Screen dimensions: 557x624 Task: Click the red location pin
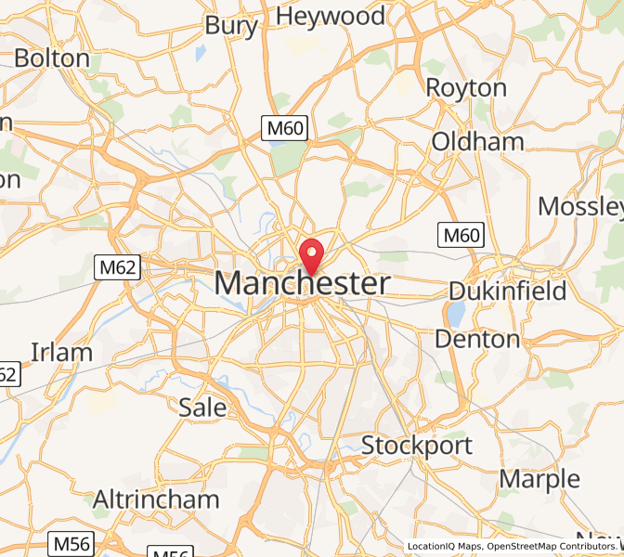pos(312,253)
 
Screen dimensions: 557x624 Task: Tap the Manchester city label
pos(303,284)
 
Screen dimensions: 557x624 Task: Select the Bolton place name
pos(52,58)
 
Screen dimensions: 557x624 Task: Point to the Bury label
pos(231,26)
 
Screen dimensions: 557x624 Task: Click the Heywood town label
pos(331,16)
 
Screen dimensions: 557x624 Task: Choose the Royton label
pos(466,88)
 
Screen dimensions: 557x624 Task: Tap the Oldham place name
pos(477,142)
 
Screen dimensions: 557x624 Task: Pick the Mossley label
pos(579,205)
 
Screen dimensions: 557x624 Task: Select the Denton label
pos(477,339)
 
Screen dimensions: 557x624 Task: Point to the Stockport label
pos(417,446)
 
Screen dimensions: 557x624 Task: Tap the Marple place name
pos(539,479)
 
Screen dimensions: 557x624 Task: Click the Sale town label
pos(202,407)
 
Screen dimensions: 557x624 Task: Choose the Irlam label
pos(62,352)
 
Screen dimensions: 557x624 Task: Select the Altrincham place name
pos(156,499)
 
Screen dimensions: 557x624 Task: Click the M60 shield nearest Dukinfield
pos(461,235)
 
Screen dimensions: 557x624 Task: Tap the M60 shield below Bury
pos(284,128)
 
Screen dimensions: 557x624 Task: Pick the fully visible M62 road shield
pos(118,268)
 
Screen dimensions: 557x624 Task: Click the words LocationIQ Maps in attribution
pos(444,546)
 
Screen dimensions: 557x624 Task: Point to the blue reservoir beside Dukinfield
pos(456,313)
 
